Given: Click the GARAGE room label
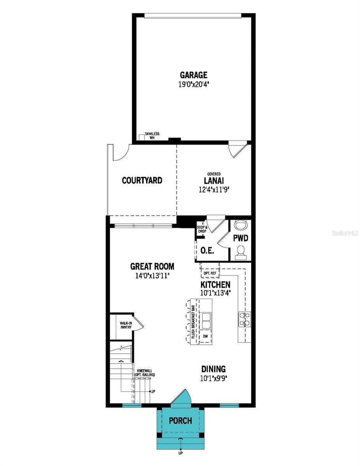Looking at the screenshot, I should point(193,75).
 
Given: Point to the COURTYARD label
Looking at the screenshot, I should point(142,181).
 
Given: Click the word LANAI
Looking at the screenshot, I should point(213,181).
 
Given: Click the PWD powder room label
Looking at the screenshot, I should point(241,238).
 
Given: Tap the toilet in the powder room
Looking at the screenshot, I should point(241,252).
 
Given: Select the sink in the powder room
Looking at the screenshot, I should point(241,225).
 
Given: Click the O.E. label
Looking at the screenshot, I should point(207,250).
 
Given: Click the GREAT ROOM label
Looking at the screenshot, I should point(152,266).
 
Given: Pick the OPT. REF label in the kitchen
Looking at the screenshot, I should point(210,273).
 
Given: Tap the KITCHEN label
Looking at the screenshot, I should point(215,285).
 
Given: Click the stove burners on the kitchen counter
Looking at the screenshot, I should point(243,318).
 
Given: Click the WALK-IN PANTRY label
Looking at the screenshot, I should point(125,325).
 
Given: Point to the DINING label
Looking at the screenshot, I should point(213,369).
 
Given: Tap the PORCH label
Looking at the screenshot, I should point(181,421).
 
